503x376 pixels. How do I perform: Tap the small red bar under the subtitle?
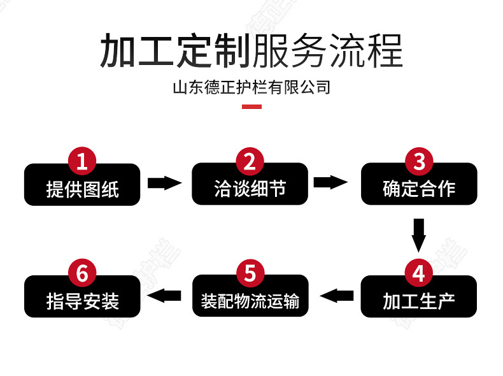click(251, 106)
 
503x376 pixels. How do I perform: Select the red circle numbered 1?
click(82, 161)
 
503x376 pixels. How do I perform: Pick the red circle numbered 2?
click(250, 161)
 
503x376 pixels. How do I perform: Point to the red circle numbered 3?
click(418, 161)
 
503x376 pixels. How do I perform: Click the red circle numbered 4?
click(418, 273)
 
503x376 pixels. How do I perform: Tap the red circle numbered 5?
click(250, 273)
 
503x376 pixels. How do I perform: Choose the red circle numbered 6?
click(82, 273)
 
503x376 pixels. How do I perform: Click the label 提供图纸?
click(82, 189)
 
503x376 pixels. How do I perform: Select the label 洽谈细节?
click(250, 189)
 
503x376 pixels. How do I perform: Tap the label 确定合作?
click(419, 189)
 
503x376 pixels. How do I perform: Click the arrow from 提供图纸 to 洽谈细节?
click(164, 183)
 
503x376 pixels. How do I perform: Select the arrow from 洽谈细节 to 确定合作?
click(331, 183)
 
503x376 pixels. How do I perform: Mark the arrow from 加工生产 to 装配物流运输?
click(337, 295)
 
